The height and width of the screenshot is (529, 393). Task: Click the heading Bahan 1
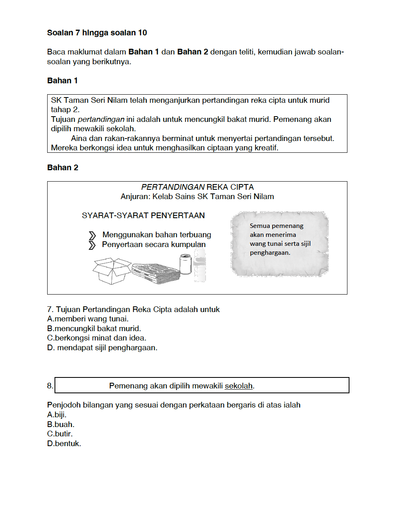(62, 80)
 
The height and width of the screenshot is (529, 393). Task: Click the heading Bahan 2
(63, 167)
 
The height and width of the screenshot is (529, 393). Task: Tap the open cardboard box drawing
(112, 271)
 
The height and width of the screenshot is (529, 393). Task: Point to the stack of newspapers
(156, 273)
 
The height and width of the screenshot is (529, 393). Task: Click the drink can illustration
(186, 264)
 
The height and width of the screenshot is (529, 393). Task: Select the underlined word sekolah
(238, 386)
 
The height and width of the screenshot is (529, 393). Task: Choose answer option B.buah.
(61, 424)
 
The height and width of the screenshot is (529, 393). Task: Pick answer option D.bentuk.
(64, 443)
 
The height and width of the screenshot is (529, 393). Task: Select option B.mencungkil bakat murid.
(94, 328)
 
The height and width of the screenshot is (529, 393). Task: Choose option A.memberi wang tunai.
(88, 319)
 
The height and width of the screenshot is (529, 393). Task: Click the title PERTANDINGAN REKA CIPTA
(197, 187)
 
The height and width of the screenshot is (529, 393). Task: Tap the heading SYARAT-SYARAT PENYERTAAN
(143, 215)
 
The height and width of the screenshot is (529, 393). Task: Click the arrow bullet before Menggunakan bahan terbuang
(92, 235)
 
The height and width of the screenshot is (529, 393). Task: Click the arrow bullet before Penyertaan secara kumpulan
(92, 245)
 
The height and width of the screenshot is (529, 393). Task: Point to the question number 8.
(50, 386)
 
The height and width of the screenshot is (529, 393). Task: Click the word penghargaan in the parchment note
(270, 252)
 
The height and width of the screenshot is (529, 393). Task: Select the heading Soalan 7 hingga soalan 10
(97, 33)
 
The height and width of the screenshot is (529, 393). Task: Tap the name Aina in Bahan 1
(79, 138)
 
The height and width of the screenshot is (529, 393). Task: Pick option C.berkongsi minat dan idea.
(96, 338)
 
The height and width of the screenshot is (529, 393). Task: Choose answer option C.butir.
(60, 434)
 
